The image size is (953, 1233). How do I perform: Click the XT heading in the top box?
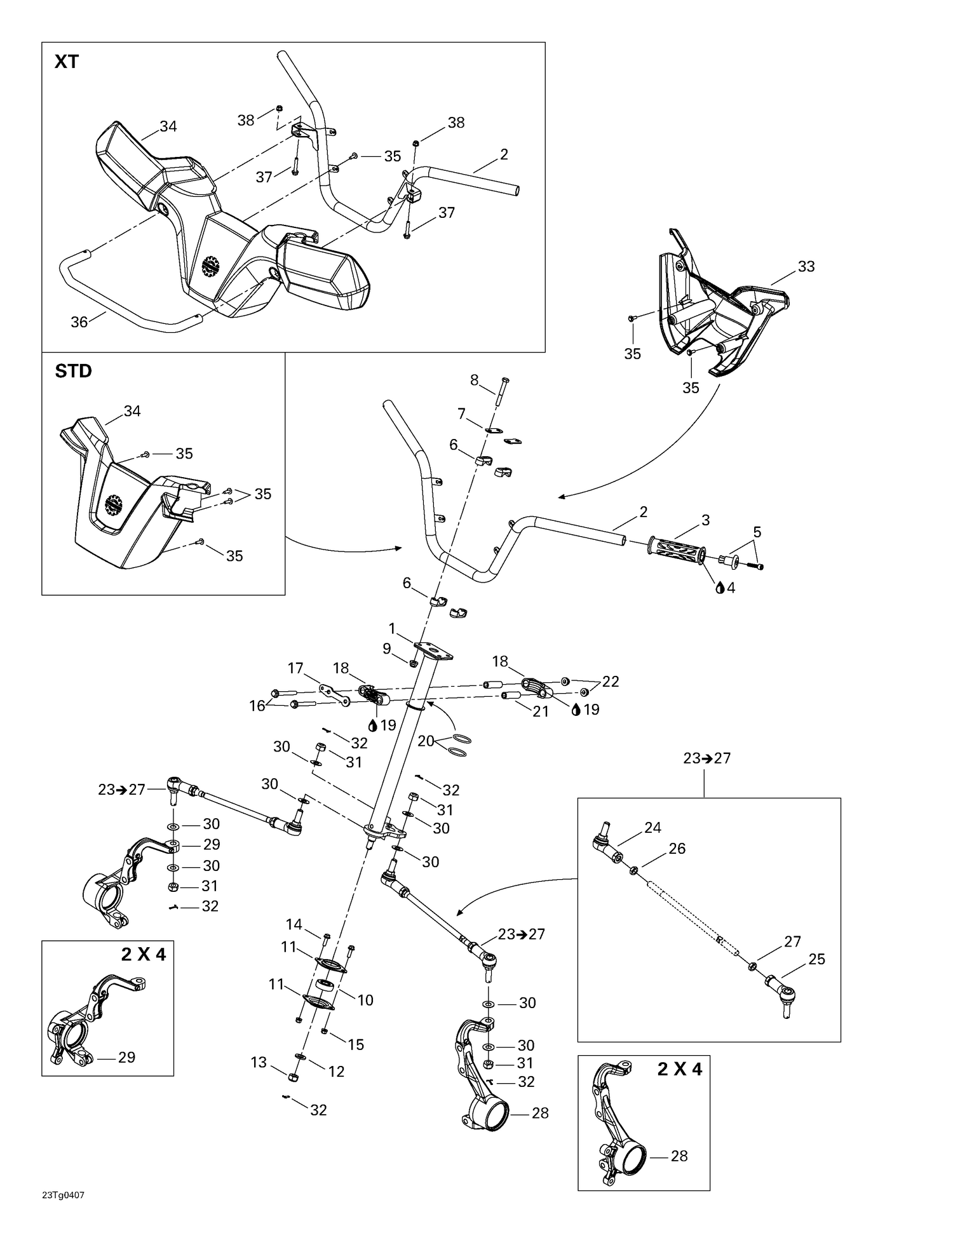(67, 62)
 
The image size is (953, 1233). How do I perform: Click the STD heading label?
(74, 371)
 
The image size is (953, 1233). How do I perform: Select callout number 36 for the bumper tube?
(79, 322)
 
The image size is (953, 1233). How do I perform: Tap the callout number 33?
(806, 267)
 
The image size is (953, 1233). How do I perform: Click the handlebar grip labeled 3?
(676, 548)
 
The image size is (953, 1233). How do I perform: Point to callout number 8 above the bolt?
(474, 380)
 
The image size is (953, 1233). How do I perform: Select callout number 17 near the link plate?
(295, 668)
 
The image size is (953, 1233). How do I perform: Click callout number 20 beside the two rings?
(426, 741)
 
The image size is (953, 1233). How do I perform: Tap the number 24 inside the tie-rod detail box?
(652, 827)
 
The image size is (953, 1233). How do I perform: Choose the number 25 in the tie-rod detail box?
(816, 959)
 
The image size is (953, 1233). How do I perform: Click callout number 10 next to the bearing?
(365, 1000)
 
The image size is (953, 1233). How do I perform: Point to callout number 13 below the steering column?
(259, 1062)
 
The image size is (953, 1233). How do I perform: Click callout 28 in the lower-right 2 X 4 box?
(679, 1156)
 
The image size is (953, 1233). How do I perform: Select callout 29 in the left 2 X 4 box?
(126, 1057)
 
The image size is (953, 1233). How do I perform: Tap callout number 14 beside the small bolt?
(294, 924)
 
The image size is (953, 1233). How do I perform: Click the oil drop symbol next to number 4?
(720, 588)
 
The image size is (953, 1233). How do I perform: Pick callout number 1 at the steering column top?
(392, 628)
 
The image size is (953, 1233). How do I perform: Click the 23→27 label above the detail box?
(707, 758)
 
